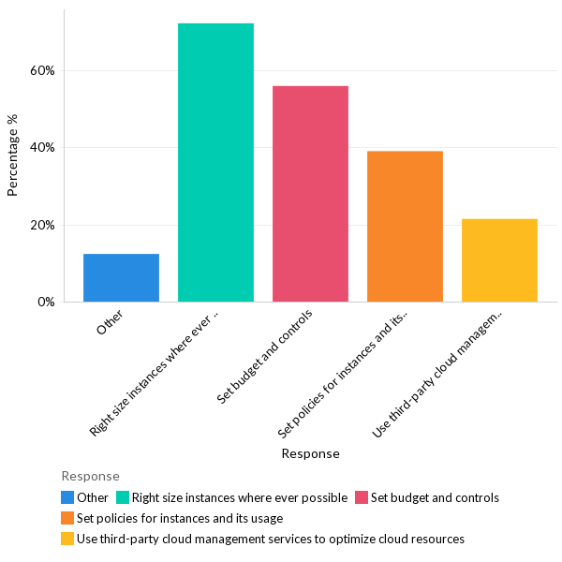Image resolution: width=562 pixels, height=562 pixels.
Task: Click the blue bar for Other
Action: (121, 278)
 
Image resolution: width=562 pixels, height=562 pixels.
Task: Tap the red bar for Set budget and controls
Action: (310, 194)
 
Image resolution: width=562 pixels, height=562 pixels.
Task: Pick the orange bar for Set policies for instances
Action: (405, 227)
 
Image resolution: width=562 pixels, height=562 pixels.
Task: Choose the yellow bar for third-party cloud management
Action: (499, 260)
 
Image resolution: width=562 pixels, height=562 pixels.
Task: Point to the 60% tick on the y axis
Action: (43, 70)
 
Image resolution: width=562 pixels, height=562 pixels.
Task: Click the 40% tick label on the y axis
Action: (43, 148)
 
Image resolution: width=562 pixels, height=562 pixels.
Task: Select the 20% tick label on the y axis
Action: (43, 225)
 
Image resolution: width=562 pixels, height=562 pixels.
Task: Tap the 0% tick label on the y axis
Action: (46, 303)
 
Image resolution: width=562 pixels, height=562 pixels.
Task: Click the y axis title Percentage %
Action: (13, 155)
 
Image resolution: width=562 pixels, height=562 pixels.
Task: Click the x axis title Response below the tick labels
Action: (310, 454)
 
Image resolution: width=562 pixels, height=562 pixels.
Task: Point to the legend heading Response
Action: (90, 477)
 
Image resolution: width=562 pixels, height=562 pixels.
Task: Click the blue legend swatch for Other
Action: (67, 497)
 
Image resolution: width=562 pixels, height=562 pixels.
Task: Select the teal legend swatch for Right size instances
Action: (122, 497)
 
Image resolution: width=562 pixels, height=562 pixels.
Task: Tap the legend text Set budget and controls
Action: (435, 497)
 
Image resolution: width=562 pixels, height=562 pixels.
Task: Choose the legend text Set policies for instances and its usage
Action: (180, 518)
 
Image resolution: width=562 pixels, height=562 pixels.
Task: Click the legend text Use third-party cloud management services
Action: (271, 539)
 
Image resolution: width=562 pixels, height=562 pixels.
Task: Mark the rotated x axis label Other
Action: (111, 325)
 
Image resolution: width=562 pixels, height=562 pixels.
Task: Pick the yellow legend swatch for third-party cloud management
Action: (67, 539)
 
